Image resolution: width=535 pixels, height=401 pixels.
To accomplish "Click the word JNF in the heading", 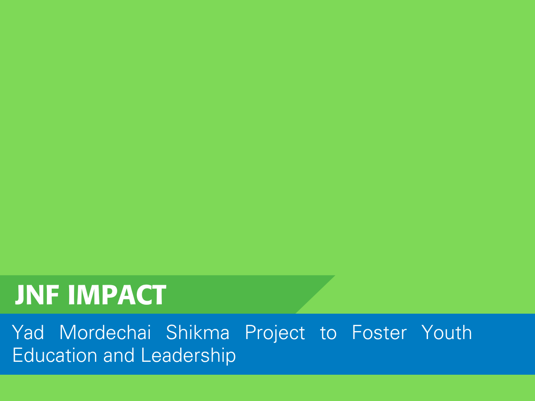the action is tap(37, 295).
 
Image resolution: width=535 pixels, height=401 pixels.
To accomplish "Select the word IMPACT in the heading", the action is tap(117, 295).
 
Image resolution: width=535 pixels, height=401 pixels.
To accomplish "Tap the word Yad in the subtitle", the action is tap(28, 332).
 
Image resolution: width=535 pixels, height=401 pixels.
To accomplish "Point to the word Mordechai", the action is tap(105, 332).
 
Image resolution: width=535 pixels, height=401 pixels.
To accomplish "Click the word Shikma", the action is tap(198, 332).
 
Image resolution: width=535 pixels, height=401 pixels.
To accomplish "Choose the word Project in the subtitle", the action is tap(275, 334).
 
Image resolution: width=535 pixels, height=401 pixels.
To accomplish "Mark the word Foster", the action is tap(379, 332).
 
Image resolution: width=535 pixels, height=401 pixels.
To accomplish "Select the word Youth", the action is tap(447, 332).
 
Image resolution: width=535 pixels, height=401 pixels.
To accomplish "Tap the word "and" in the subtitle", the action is tap(119, 355).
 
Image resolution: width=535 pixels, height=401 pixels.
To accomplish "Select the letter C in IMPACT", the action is tap(142, 295).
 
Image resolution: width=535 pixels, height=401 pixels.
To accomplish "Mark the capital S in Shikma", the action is tap(172, 332).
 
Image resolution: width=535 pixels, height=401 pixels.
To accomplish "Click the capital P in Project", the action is tap(250, 332).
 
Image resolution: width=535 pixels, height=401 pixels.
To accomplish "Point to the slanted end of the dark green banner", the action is tap(315, 295).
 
